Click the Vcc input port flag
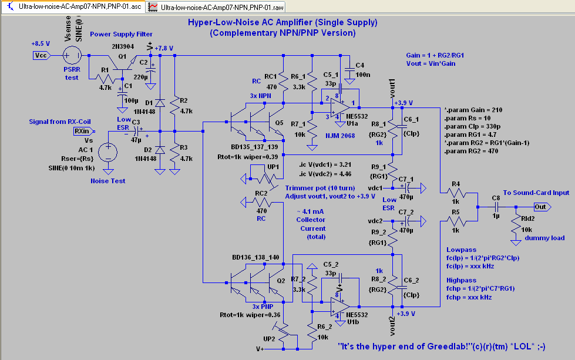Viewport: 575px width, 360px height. pyautogui.click(x=41, y=55)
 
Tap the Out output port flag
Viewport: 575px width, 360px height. pyautogui.click(x=540, y=207)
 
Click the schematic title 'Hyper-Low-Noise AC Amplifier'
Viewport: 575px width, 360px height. pyautogui.click(x=282, y=22)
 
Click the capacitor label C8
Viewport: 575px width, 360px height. pyautogui.click(x=496, y=198)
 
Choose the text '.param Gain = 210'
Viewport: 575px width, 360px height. pyautogui.click(x=473, y=110)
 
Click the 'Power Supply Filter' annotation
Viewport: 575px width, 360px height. pyautogui.click(x=121, y=34)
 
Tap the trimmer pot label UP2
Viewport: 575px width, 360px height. pyautogui.click(x=269, y=338)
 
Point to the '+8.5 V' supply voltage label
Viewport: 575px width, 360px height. pyautogui.click(x=41, y=43)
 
